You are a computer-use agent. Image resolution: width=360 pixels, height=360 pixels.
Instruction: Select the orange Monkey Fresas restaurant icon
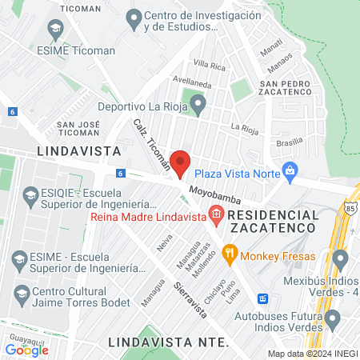click(229, 255)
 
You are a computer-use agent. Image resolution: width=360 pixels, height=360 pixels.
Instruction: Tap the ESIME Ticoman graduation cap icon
click(55, 30)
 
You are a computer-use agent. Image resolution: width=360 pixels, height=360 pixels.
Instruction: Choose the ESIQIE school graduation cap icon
click(30, 195)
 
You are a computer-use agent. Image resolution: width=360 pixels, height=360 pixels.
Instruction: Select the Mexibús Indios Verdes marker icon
click(340, 259)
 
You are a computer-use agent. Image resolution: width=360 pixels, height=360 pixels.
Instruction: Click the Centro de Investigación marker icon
click(134, 18)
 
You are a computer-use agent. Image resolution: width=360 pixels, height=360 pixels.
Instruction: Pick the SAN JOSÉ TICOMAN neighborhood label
click(78, 129)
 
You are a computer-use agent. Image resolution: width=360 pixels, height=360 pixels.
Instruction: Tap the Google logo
click(27, 350)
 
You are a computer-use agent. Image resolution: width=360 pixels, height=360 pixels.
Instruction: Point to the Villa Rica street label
click(210, 65)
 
